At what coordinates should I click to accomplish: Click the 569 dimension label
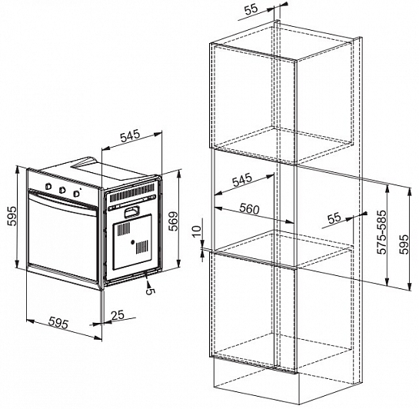pyautogui.click(x=174, y=221)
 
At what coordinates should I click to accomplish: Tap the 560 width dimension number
pyautogui.click(x=249, y=208)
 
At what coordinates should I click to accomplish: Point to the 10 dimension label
pyautogui.click(x=196, y=231)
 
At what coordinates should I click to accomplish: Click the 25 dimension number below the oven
pyautogui.click(x=118, y=315)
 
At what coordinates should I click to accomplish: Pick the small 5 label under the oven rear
pyautogui.click(x=150, y=291)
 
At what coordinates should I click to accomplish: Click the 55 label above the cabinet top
pyautogui.click(x=251, y=9)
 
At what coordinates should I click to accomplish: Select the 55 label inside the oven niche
pyautogui.click(x=334, y=218)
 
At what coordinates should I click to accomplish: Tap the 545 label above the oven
pyautogui.click(x=130, y=136)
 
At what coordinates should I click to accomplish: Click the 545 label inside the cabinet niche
pyautogui.click(x=242, y=180)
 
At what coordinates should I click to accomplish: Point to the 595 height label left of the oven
pyautogui.click(x=12, y=216)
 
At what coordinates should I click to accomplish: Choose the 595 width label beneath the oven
pyautogui.click(x=58, y=323)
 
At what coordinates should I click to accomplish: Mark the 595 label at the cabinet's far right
pyautogui.click(x=404, y=244)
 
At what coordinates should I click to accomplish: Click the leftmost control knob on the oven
pyautogui.click(x=48, y=186)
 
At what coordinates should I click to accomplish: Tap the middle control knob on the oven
pyautogui.click(x=62, y=190)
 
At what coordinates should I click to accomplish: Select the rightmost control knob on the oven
pyautogui.click(x=77, y=193)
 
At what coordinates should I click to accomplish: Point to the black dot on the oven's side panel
pyautogui.click(x=132, y=242)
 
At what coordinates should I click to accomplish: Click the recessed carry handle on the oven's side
pyautogui.click(x=131, y=212)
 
